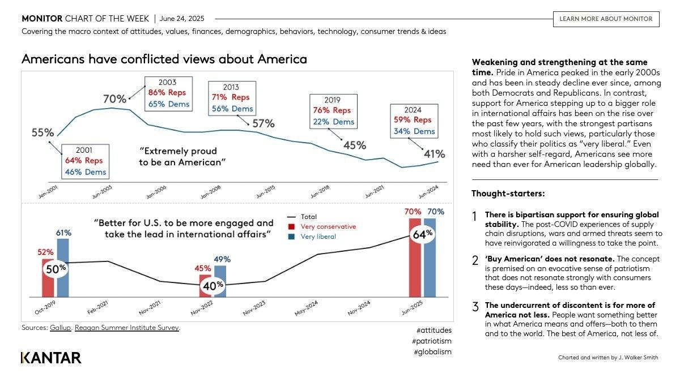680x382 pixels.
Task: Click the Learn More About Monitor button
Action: pos(606,19)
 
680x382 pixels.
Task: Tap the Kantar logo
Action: pos(51,358)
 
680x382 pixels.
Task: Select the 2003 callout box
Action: pos(168,93)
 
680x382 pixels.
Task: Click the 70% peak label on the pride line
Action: pos(114,99)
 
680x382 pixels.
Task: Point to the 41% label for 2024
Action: pos(434,154)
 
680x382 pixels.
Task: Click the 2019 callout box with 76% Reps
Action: pos(334,110)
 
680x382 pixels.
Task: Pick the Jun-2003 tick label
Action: pos(102,192)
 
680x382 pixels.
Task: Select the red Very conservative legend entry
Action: pos(324,226)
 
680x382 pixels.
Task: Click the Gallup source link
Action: pos(61,328)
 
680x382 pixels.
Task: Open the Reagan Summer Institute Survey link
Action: pos(127,328)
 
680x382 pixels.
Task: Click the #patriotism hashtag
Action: pos(432,341)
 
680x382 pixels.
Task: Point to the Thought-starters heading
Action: pos(508,194)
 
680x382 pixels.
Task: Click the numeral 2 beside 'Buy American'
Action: pos(475,260)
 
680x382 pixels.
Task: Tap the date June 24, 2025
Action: pos(182,19)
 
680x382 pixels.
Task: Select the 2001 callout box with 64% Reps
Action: pos(85,161)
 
